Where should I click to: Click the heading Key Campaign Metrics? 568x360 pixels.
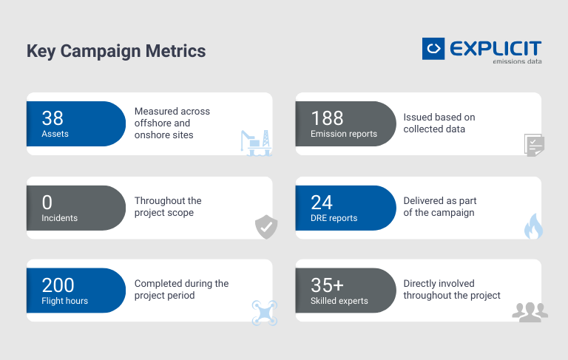click(116, 51)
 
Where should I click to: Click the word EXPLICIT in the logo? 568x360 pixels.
click(495, 49)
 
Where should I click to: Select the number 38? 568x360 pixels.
click(53, 118)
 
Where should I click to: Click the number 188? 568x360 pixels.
click(327, 118)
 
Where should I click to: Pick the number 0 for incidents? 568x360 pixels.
click(47, 202)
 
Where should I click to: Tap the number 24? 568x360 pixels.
click(322, 202)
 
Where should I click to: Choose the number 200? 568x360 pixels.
click(58, 285)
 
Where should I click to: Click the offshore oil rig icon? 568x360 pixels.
click(256, 142)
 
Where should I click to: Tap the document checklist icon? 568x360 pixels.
click(534, 144)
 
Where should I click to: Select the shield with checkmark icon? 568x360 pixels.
click(266, 227)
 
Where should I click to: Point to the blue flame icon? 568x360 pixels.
click(532, 226)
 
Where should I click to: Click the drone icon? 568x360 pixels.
click(264, 311)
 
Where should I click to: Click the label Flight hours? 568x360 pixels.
click(64, 301)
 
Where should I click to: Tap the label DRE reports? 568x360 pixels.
click(334, 218)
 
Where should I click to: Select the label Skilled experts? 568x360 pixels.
click(340, 301)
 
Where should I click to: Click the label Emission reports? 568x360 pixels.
click(344, 134)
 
